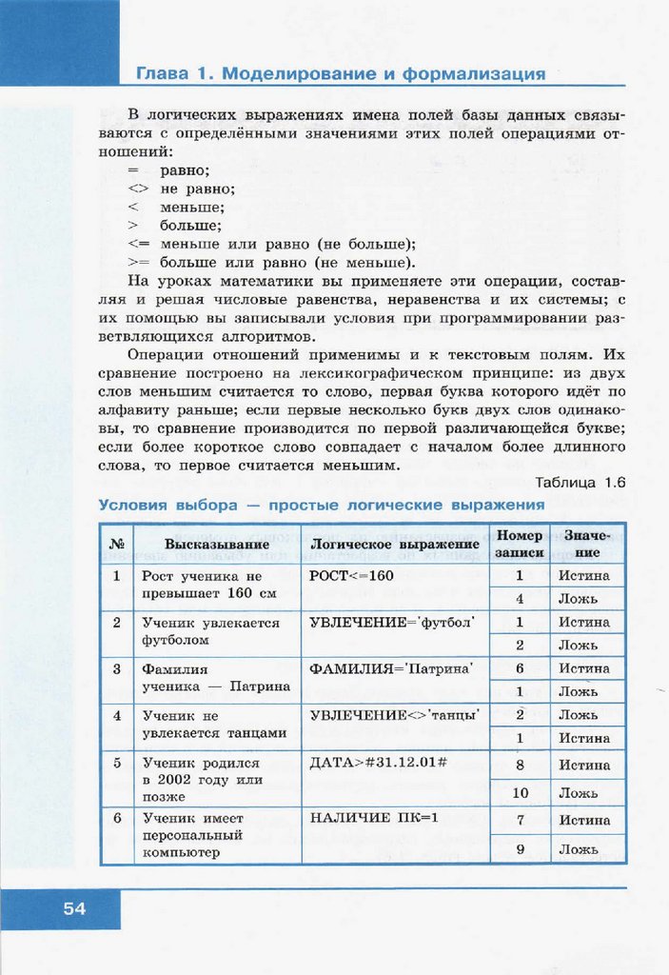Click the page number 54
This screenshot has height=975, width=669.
(75, 909)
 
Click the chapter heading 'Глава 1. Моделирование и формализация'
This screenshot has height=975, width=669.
(341, 73)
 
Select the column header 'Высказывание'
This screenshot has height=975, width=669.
(217, 544)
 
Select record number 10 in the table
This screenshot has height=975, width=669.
(521, 792)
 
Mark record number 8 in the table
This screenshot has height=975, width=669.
(521, 765)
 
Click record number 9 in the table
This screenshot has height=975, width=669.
(521, 848)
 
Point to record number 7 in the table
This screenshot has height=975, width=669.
(521, 820)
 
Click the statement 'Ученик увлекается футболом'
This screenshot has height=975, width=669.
(210, 631)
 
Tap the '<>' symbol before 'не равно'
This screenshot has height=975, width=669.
(138, 189)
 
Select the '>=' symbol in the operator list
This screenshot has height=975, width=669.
(138, 262)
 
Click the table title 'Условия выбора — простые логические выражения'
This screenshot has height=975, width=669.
(322, 505)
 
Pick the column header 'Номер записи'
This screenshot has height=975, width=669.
(520, 544)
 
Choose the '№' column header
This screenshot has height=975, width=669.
(117, 544)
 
